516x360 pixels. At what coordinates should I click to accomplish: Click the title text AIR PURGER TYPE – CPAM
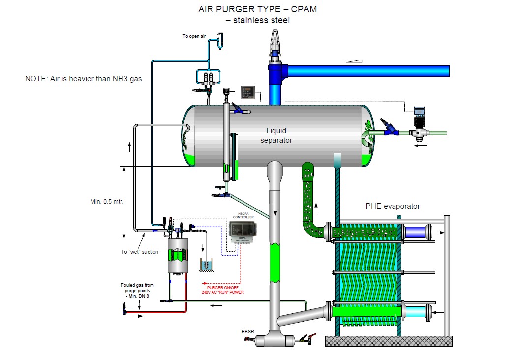click(x=257, y=9)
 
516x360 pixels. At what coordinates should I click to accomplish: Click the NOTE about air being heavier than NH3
click(x=83, y=78)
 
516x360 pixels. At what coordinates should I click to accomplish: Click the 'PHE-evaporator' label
click(x=393, y=206)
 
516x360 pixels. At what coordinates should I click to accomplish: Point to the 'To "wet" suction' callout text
click(x=140, y=252)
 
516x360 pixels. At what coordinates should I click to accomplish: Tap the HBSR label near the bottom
click(x=248, y=332)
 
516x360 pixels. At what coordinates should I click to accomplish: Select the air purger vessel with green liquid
click(x=178, y=256)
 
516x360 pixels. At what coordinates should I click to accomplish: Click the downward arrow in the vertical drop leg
click(x=275, y=210)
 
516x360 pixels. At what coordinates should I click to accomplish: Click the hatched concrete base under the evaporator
click(x=389, y=341)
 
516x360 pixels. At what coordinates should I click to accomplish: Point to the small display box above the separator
click(x=246, y=91)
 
